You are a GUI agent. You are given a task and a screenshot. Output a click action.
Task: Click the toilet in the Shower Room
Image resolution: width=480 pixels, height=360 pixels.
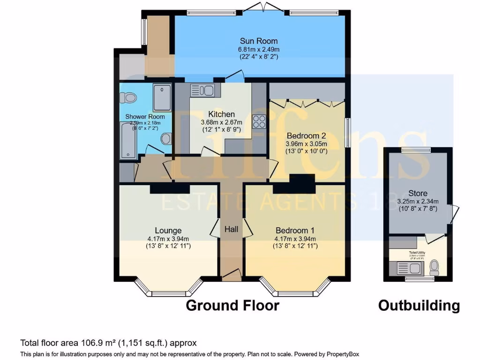128,98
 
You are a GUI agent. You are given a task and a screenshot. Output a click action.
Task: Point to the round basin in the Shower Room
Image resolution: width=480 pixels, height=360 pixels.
165,139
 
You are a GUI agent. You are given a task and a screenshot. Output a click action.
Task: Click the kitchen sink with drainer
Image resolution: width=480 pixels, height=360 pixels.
202,90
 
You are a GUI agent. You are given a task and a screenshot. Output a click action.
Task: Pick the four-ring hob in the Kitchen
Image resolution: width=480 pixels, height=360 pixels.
259,121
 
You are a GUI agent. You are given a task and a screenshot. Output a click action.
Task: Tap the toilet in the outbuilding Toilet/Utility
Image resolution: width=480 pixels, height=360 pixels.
435,268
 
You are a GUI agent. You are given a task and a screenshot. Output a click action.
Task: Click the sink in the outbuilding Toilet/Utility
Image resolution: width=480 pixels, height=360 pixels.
405,269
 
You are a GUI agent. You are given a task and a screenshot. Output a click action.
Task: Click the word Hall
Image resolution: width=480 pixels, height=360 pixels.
232,229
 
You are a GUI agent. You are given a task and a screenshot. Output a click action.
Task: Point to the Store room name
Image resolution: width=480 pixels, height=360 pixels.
418,193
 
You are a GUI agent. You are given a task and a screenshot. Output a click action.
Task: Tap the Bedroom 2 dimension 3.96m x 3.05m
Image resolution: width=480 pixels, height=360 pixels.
306,144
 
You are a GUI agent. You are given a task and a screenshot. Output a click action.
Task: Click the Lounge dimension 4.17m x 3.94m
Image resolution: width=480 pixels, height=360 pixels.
168,238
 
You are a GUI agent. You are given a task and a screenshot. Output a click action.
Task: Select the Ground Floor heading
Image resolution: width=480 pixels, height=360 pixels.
232,306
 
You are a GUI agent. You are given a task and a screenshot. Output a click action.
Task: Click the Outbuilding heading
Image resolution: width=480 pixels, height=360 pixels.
419,306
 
